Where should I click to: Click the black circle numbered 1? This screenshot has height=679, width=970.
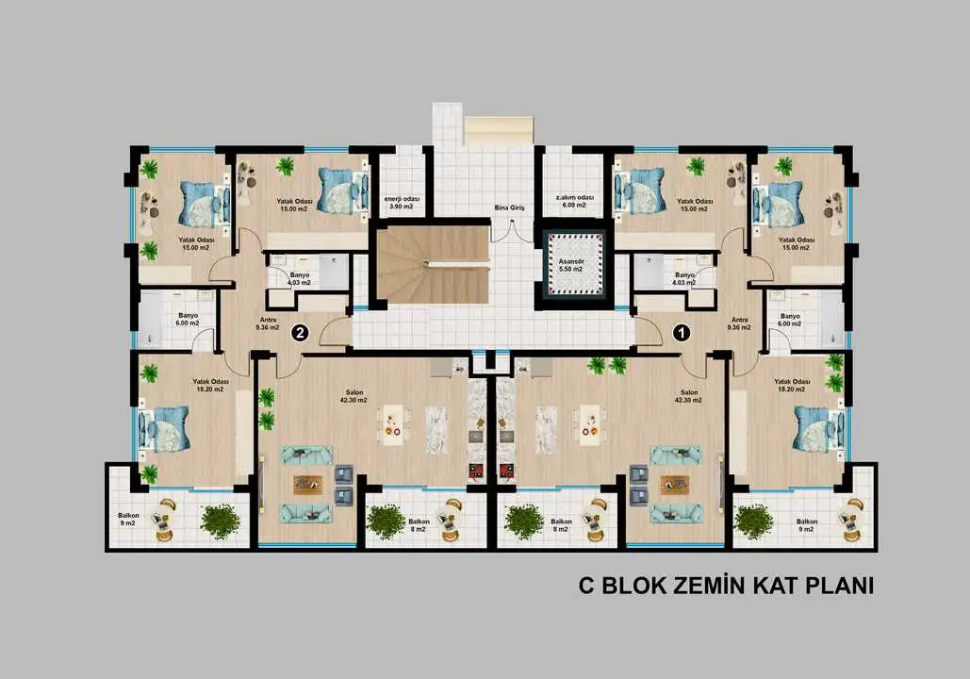(682, 333)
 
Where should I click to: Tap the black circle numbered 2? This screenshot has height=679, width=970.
(301, 333)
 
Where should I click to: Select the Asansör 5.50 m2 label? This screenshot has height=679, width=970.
(570, 266)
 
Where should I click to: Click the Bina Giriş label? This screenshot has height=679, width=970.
(509, 208)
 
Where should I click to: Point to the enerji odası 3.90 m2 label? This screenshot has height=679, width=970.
(402, 203)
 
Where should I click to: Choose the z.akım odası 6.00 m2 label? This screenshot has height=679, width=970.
(574, 201)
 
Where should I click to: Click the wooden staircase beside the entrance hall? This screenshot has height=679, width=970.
(433, 264)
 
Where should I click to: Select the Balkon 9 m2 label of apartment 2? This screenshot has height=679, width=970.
(128, 520)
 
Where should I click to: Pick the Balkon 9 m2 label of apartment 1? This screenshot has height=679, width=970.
(807, 525)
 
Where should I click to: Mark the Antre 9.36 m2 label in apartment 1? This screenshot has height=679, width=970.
(739, 323)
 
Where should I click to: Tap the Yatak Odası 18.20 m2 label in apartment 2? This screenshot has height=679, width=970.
(210, 386)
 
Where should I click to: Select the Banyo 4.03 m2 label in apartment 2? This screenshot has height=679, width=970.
(300, 278)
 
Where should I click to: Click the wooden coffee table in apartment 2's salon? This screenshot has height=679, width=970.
(308, 485)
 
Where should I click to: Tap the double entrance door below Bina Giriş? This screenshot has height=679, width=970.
(511, 230)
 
